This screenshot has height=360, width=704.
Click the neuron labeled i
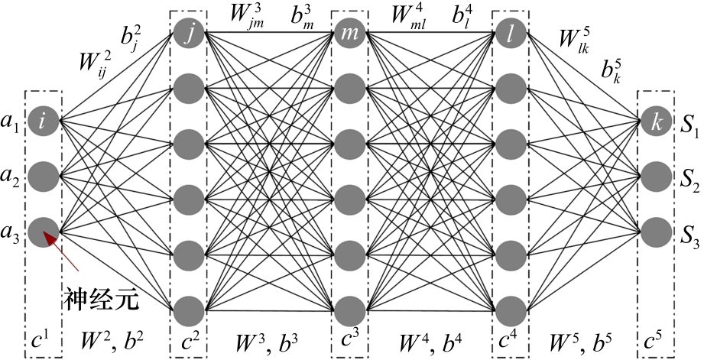[x=43, y=120]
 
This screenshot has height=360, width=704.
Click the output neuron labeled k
[x=655, y=122]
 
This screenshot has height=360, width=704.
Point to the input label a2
[x=11, y=177]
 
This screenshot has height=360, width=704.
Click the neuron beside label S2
[x=655, y=177]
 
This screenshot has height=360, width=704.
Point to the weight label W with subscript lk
[x=575, y=42]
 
